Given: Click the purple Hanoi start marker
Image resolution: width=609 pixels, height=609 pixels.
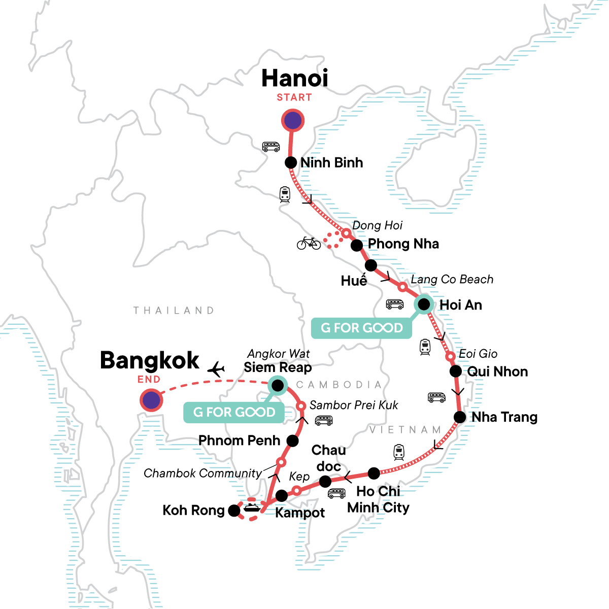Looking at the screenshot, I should click(293, 121).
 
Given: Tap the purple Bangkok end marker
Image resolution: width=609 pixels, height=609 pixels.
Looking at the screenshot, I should click(151, 400).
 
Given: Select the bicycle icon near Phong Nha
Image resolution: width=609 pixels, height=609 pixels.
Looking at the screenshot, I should click(309, 243).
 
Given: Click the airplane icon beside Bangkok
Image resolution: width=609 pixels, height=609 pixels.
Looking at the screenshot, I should click(216, 369).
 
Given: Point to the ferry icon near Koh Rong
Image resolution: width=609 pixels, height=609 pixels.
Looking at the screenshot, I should click(252, 507).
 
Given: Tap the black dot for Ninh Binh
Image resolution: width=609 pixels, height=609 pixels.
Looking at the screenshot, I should click(291, 162).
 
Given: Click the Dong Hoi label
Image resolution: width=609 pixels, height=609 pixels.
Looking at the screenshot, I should click(377, 225).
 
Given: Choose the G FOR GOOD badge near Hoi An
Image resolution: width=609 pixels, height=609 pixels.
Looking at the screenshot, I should click(361, 328).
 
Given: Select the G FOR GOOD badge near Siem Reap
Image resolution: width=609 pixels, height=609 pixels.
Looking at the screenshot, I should click(234, 412).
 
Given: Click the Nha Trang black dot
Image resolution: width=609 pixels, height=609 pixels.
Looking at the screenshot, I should click(459, 417).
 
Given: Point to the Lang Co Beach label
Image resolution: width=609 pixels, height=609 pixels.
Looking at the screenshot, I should click(452, 279).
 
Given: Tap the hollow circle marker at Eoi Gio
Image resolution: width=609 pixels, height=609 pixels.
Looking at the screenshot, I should click(450, 356).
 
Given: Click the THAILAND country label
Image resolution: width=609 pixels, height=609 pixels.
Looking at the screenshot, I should click(174, 310).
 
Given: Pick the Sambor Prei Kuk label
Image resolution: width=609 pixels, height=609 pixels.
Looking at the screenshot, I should click(354, 405).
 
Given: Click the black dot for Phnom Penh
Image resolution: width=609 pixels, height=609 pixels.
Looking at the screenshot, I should click(292, 441).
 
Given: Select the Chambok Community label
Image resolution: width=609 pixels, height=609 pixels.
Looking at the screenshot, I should click(202, 473).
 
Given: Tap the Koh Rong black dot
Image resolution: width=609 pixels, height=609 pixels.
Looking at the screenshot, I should click(234, 511).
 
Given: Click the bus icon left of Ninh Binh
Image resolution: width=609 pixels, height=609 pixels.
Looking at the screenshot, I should click(271, 147).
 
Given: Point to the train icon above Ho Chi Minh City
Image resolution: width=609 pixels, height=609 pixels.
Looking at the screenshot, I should click(399, 452).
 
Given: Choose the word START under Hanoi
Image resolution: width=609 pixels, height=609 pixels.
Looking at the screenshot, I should click(294, 97).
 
